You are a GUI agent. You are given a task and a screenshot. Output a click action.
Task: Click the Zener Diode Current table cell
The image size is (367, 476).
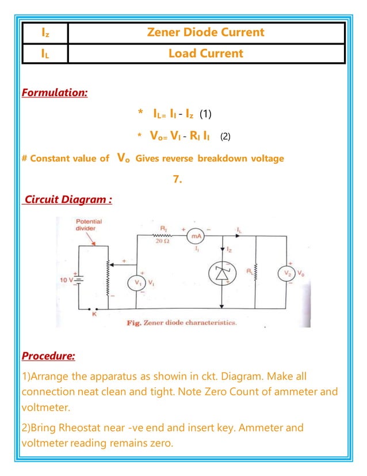206,32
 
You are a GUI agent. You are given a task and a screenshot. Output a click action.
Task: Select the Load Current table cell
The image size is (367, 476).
206,54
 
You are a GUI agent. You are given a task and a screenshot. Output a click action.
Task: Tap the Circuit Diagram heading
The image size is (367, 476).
67,200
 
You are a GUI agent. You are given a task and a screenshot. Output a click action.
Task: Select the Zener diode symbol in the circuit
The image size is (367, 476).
221,275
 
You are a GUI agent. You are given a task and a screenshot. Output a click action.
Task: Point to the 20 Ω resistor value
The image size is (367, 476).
161,240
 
